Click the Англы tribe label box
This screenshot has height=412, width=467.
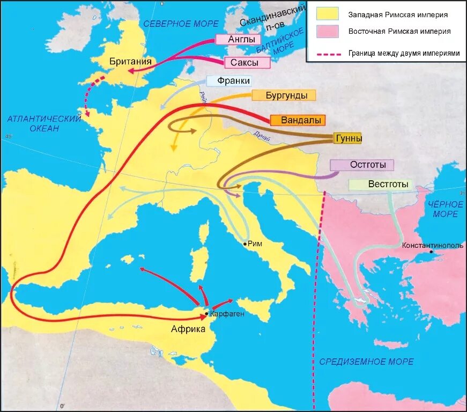coord(238,40)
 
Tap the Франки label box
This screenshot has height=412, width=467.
coord(234,81)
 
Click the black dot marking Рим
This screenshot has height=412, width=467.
coord(245,244)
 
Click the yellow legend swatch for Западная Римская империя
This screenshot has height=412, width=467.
coord(327,15)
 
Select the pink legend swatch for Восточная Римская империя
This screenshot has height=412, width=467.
coord(327,32)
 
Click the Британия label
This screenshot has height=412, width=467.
coord(130,61)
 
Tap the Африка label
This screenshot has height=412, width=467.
coord(188,329)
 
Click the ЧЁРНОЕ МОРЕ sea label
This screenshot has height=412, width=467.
coord(445,209)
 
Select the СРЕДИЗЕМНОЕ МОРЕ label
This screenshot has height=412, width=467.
coord(366,362)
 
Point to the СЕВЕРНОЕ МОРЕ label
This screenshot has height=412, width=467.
coord(181,24)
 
